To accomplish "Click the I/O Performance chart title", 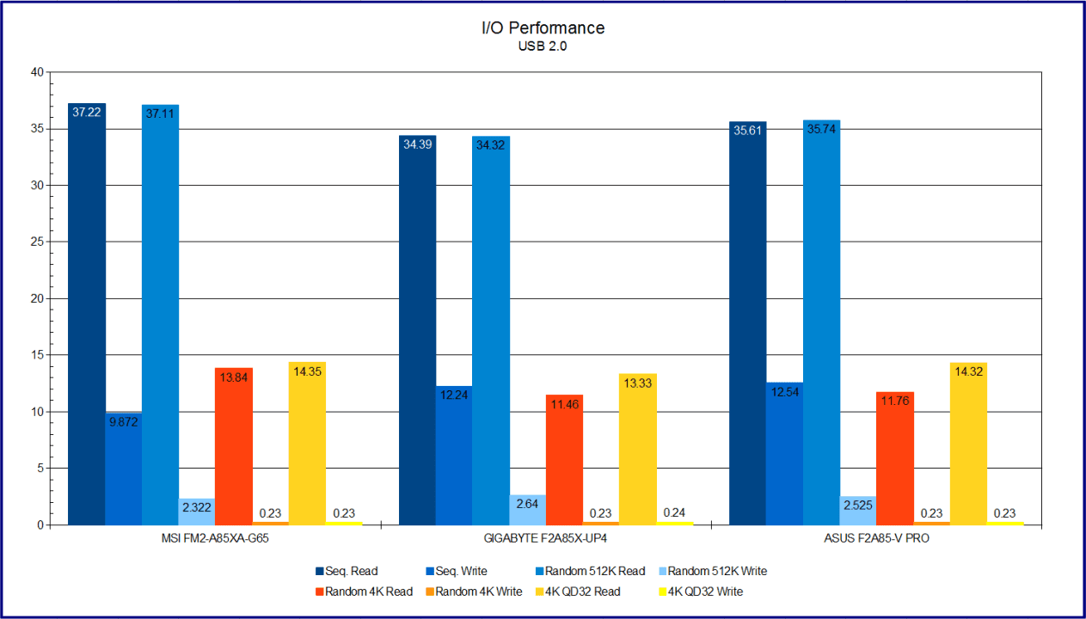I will tap(543, 28).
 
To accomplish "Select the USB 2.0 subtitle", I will tap(543, 46).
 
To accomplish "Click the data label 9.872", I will tap(124, 422).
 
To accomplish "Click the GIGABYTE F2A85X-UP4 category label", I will tap(546, 538).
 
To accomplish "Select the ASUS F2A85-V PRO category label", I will tap(876, 538).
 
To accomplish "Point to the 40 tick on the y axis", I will tap(36, 72).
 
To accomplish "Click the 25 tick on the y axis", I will tap(36, 242).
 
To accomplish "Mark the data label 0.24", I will tap(674, 513).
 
